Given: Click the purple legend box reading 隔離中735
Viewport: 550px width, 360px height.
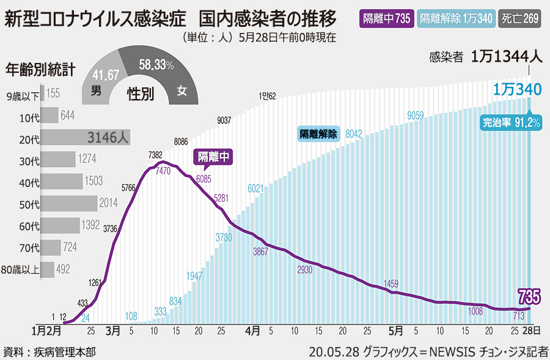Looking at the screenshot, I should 386,18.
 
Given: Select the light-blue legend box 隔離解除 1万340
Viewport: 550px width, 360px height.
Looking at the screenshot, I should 456,18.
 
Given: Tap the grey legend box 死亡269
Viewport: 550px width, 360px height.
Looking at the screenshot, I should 520,18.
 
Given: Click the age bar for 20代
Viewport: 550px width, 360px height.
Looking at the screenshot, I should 85,138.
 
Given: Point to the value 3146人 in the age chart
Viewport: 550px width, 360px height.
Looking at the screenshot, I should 108,138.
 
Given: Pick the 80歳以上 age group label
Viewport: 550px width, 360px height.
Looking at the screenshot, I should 20,269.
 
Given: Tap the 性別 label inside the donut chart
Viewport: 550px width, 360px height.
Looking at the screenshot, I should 140,93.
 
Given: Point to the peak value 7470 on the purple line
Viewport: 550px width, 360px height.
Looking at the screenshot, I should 163,172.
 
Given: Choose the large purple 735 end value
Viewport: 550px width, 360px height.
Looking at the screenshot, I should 529,298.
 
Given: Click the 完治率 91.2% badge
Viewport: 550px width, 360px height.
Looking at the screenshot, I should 511,122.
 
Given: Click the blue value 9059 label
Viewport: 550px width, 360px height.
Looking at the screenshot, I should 416,115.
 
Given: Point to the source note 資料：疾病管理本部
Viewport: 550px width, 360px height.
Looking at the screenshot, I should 49,351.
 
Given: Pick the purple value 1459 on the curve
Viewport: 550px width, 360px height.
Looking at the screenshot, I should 391,283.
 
